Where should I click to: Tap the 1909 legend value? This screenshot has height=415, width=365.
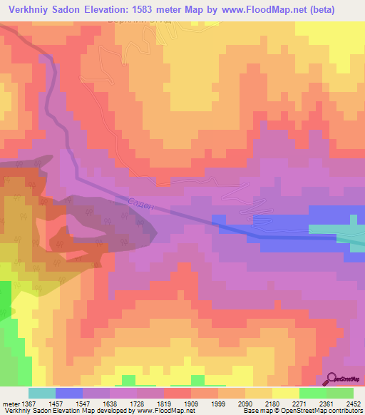pyautogui.click(x=191, y=404)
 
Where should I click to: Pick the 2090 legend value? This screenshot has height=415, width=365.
pyautogui.click(x=245, y=404)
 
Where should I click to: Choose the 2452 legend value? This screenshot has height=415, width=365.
pyautogui.click(x=354, y=404)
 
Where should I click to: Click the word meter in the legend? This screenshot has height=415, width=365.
pyautogui.click(x=9, y=404)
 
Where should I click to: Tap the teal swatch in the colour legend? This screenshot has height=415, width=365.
pyautogui.click(x=42, y=393)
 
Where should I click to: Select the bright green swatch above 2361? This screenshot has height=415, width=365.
pyautogui.click(x=313, y=393)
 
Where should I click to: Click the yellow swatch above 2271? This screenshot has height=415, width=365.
pyautogui.click(x=286, y=393)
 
